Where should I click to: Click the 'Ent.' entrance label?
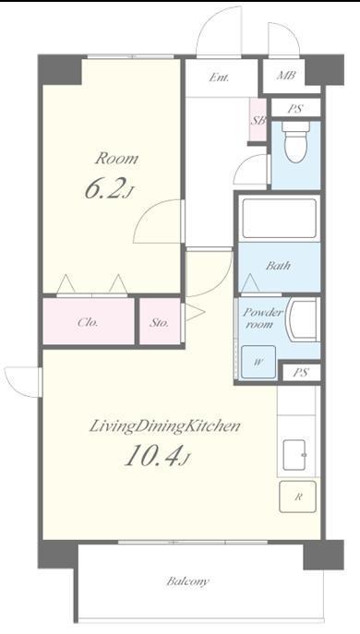pos(219,78)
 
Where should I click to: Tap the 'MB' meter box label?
pos(286,75)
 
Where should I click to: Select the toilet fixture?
pos(295,141)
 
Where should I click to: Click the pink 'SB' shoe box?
pos(258,120)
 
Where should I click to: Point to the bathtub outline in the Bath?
pos(279,219)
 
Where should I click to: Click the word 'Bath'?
pos(278,266)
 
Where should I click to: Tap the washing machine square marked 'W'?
pos(258,363)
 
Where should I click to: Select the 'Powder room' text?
pos(262,318)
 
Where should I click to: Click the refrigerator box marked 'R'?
pos(298,496)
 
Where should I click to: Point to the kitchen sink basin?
pos(294,455)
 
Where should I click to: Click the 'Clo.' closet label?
pos(88,323)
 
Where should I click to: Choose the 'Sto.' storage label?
pos(159,323)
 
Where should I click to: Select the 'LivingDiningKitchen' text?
pos(165,426)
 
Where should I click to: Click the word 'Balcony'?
pos(188,581)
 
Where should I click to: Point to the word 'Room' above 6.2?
pos(116,158)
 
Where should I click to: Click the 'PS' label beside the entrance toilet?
pos(295,108)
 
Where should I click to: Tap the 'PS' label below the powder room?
pos(301,373)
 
